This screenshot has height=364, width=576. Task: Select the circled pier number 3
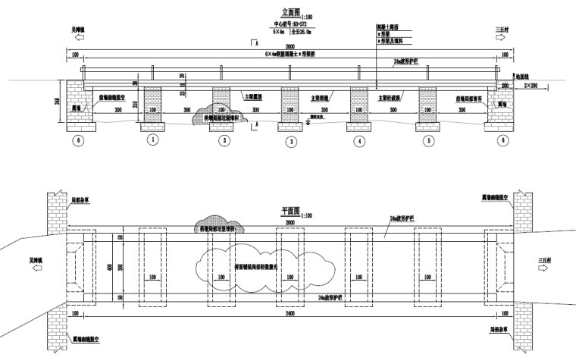(290, 140)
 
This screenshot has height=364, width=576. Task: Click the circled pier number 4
(360, 140)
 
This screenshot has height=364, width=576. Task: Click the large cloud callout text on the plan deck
(248, 266)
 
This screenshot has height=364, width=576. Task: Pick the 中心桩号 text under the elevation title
(289, 25)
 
